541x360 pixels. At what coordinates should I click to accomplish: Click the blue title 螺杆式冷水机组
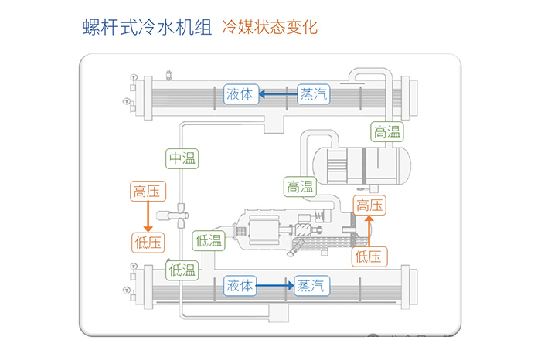pyautogui.click(x=147, y=27)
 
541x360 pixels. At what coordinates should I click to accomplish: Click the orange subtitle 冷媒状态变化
pyautogui.click(x=269, y=27)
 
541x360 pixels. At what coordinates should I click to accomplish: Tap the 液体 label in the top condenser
pyautogui.click(x=240, y=94)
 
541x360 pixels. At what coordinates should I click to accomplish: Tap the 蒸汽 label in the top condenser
pyautogui.click(x=313, y=94)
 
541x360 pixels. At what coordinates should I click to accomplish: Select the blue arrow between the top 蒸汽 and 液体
pyautogui.click(x=277, y=94)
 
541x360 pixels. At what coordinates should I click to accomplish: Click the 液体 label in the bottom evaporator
pyautogui.click(x=240, y=285)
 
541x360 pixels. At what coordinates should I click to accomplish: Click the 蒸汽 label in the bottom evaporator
pyautogui.click(x=311, y=285)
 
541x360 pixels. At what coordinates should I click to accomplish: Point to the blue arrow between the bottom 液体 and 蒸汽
pyautogui.click(x=275, y=285)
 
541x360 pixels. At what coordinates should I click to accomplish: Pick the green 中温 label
pyautogui.click(x=182, y=158)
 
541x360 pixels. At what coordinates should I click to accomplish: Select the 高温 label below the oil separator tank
pyautogui.click(x=300, y=186)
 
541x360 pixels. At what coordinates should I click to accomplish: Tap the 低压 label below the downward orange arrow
pyautogui.click(x=146, y=242)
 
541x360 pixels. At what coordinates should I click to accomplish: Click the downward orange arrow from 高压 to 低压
pyautogui.click(x=146, y=217)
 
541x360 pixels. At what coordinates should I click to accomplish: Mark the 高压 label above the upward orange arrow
pyautogui.click(x=369, y=205)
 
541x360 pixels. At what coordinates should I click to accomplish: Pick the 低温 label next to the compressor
pyautogui.click(x=209, y=241)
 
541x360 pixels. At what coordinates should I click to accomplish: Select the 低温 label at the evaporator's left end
pyautogui.click(x=182, y=270)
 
